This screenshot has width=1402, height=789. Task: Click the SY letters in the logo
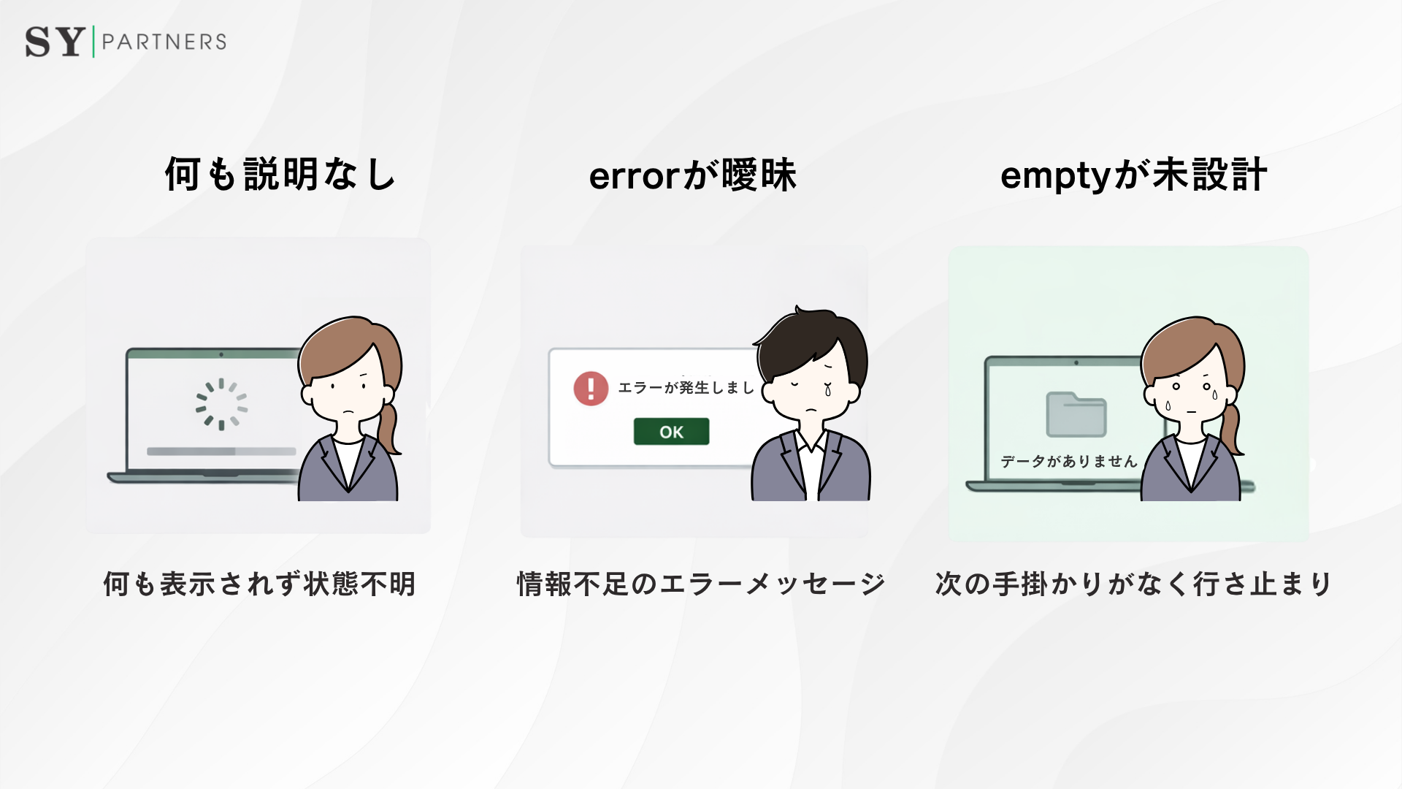[x=54, y=42]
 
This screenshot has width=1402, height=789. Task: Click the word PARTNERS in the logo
[x=164, y=42]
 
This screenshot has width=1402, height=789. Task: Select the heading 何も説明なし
[x=280, y=175]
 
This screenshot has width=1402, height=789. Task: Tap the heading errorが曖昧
[x=692, y=175]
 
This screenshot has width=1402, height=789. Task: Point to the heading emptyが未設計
[x=1133, y=175]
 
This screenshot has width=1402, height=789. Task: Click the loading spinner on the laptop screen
[x=221, y=404]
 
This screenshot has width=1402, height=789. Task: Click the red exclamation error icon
[x=591, y=388]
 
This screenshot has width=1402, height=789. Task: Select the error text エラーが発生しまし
[x=686, y=388]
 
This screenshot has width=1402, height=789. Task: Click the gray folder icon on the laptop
[x=1076, y=414]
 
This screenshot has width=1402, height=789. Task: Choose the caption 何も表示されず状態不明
[x=259, y=584]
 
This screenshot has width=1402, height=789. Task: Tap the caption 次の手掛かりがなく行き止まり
[x=1133, y=584]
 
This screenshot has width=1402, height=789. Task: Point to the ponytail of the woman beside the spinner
[x=388, y=427]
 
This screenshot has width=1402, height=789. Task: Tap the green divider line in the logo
[x=93, y=42]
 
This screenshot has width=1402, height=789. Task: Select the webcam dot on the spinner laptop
[x=221, y=354]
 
